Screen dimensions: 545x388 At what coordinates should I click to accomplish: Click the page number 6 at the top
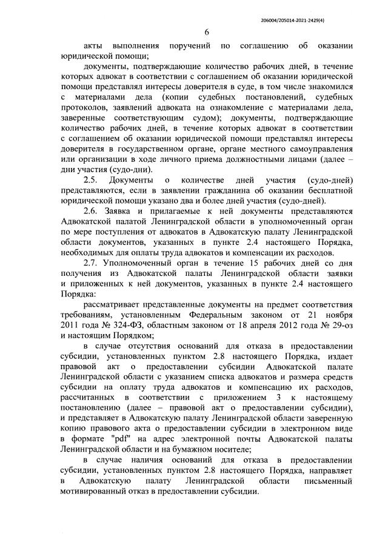coord(207,33)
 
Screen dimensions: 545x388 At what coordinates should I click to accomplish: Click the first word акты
coord(95,47)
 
